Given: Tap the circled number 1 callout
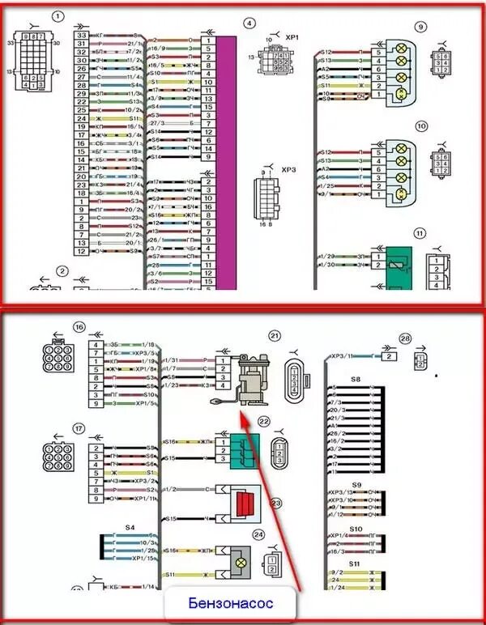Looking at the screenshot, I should [58, 16].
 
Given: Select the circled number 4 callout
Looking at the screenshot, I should [249, 23].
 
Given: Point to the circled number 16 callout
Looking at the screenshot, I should [79, 326].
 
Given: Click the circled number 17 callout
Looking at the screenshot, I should [79, 428].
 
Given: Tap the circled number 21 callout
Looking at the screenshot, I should [274, 335].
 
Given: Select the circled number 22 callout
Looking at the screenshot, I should [263, 422].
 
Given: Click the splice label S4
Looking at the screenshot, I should [129, 527].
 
